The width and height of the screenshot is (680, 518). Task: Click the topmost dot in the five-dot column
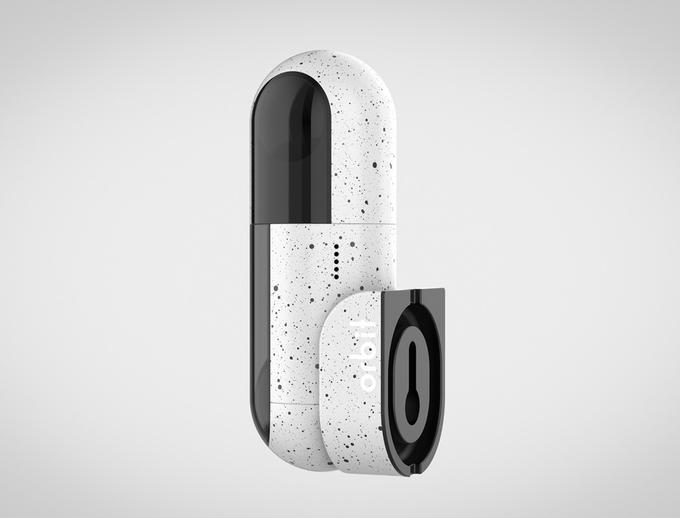point(335,247)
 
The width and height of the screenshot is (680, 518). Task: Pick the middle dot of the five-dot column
point(335,261)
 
